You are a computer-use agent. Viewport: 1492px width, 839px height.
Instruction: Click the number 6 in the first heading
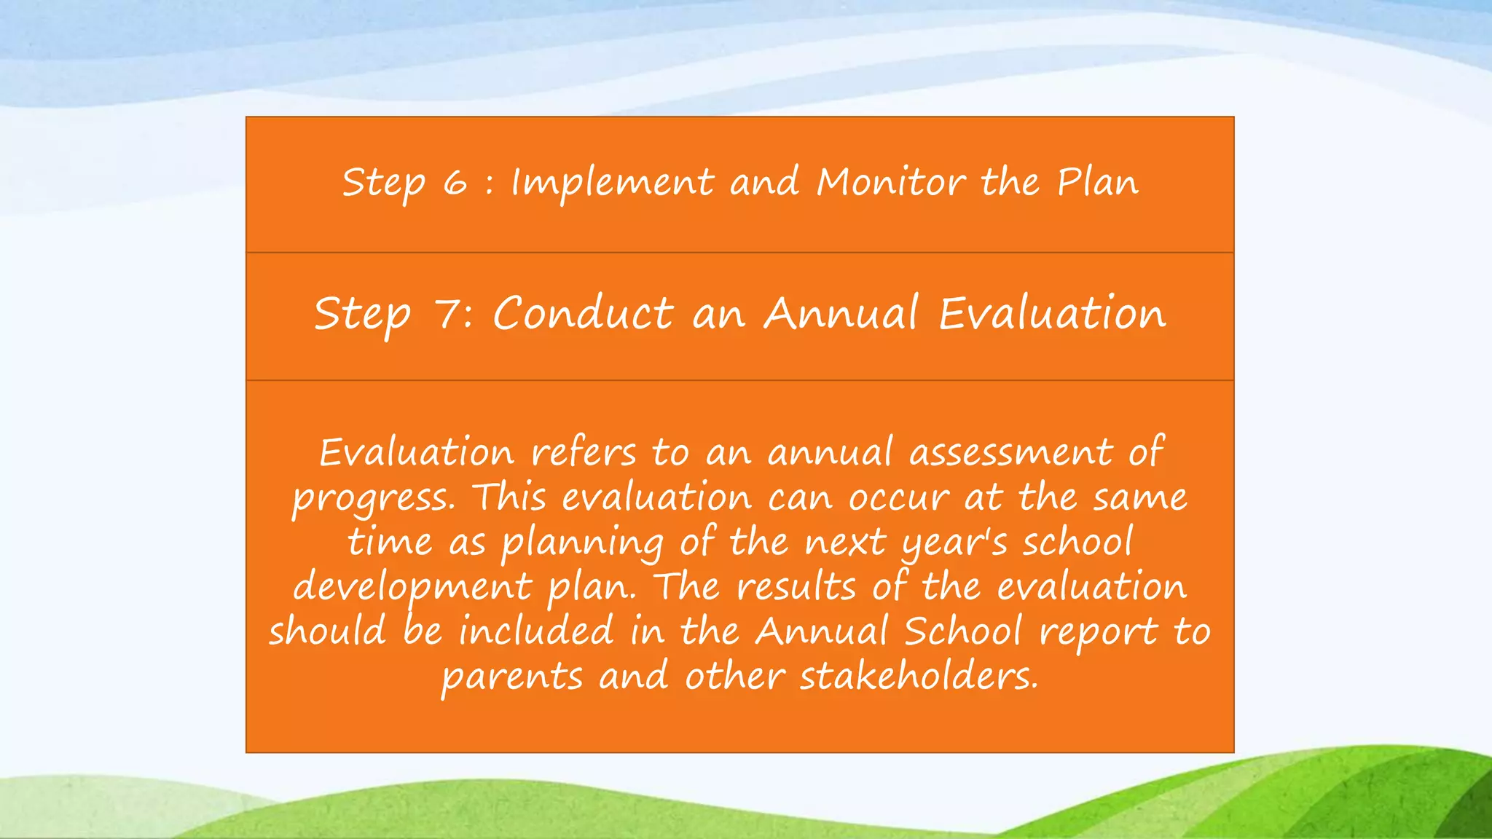[x=455, y=182]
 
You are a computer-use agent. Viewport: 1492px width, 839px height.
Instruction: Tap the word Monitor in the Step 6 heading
[x=891, y=182]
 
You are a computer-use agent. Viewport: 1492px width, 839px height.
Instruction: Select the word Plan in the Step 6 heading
[x=1098, y=182]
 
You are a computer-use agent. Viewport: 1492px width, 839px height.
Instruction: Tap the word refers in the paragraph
[x=583, y=453]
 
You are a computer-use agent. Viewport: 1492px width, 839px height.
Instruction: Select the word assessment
[x=1011, y=453]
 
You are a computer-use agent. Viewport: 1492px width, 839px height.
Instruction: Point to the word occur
[x=899, y=498]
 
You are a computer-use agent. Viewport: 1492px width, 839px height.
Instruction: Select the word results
[x=796, y=587]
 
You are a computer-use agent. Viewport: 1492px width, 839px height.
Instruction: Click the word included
[x=535, y=631]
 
